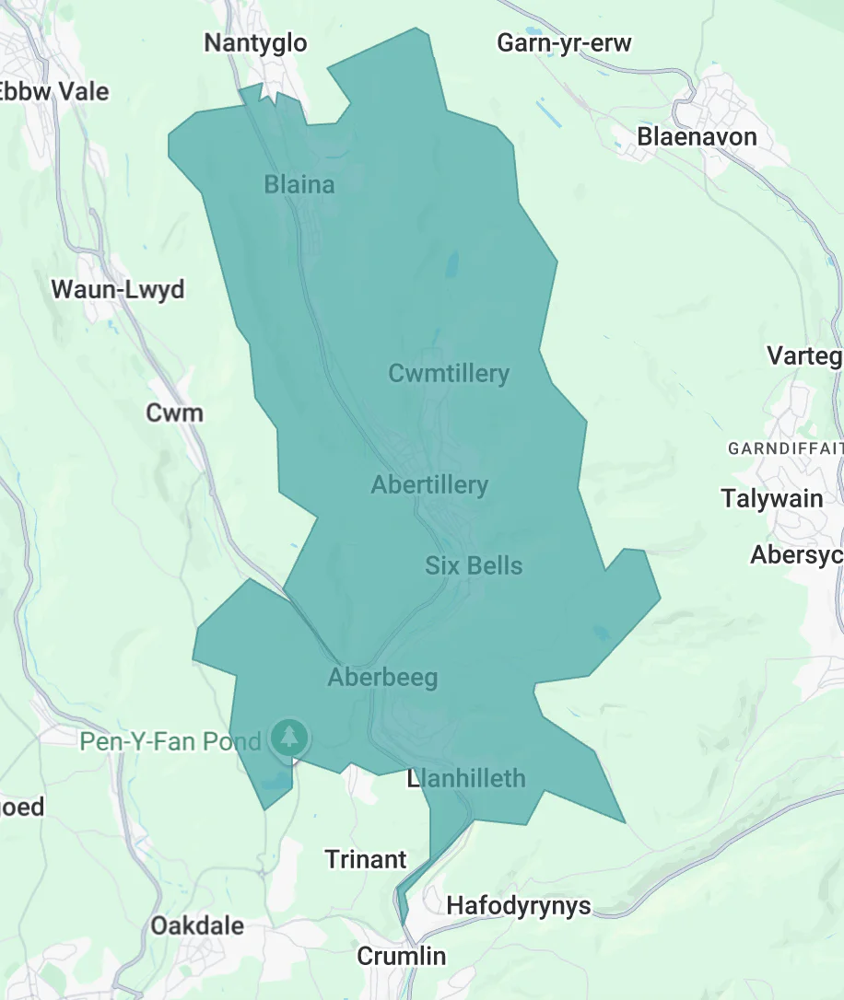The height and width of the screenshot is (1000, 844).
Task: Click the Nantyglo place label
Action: pyautogui.click(x=255, y=43)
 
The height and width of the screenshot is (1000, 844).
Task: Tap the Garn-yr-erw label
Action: pyautogui.click(x=564, y=43)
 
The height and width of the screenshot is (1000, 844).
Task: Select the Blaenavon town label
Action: pyautogui.click(x=697, y=137)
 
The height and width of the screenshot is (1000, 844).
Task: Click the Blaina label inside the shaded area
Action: pyautogui.click(x=299, y=185)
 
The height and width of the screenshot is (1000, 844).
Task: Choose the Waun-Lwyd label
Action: pyautogui.click(x=118, y=289)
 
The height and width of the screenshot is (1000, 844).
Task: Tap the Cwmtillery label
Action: pyautogui.click(x=449, y=374)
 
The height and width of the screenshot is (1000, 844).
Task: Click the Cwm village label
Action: pyautogui.click(x=174, y=413)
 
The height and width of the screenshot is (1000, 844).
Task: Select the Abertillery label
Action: pyautogui.click(x=429, y=485)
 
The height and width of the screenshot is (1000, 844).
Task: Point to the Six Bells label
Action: pyautogui.click(x=474, y=565)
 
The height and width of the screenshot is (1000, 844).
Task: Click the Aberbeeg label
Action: pyautogui.click(x=382, y=679)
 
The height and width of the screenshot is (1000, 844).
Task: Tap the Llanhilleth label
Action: pyautogui.click(x=466, y=779)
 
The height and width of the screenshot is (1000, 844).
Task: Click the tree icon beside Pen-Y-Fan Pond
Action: pyautogui.click(x=290, y=737)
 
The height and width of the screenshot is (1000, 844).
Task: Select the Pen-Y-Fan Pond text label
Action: pyautogui.click(x=170, y=741)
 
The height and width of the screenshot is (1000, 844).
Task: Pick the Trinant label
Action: pyautogui.click(x=366, y=860)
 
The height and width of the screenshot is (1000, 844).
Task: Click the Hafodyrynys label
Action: pyautogui.click(x=518, y=906)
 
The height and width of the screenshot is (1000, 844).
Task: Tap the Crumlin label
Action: pyautogui.click(x=401, y=957)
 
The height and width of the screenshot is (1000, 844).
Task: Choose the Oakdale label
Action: pyautogui.click(x=197, y=925)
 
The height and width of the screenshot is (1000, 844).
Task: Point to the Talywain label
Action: pyautogui.click(x=772, y=499)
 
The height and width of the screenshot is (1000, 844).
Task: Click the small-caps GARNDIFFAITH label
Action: pyautogui.click(x=785, y=449)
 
